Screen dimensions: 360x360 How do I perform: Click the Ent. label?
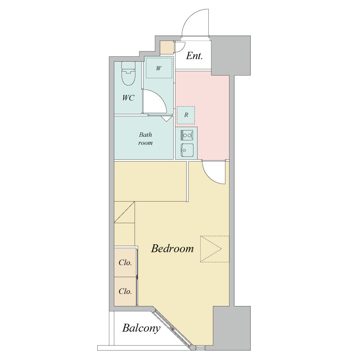point(194,56)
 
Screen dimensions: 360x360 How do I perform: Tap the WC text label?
point(128,98)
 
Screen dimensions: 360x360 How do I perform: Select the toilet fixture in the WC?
point(128,73)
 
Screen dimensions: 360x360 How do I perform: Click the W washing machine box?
point(159,68)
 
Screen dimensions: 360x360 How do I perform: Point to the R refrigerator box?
point(186,115)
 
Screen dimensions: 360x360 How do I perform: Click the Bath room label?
point(145,139)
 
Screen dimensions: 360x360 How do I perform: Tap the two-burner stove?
point(187,135)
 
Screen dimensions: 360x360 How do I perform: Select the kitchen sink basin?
point(187,150)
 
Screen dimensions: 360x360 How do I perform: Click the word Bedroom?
point(172,248)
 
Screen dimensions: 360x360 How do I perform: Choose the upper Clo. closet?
point(126,262)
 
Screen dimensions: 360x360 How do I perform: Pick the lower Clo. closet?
point(126,291)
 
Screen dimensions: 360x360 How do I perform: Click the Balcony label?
point(141,328)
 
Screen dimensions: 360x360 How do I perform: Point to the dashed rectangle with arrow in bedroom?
point(215,249)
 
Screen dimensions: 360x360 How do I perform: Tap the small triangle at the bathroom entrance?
point(166,118)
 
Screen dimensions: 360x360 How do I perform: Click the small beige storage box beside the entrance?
point(166,48)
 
